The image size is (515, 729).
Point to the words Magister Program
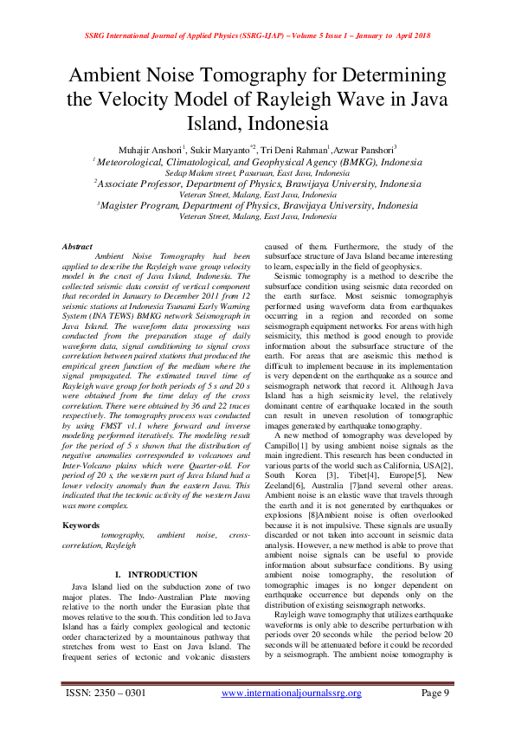(x=143, y=206)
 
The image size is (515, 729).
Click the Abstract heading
(x=77, y=247)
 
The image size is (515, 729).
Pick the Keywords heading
(x=81, y=526)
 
